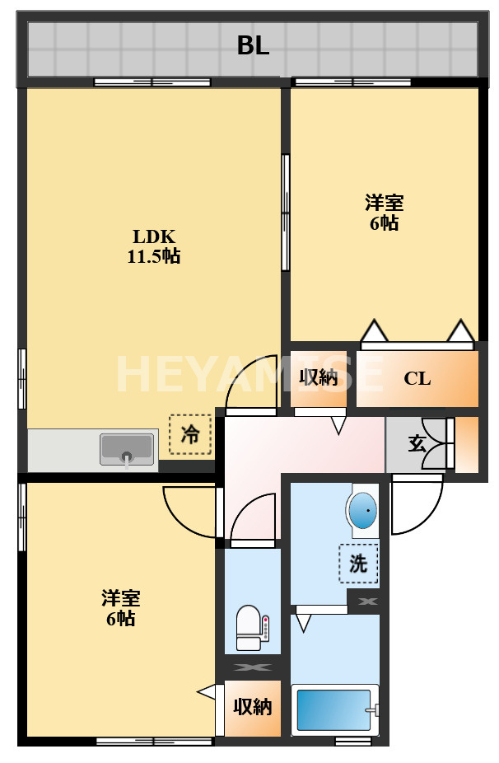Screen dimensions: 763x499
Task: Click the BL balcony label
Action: coord(253,46)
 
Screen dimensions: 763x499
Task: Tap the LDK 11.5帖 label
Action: coord(153,245)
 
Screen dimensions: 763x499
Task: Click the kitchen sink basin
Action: coord(127,449)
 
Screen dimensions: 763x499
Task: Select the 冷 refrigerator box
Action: coord(190,434)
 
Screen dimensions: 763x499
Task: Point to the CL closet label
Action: coord(417,379)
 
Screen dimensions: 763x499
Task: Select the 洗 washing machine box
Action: coord(358,564)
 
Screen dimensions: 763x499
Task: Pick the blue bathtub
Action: coord(333,709)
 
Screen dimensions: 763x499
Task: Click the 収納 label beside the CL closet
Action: coord(318,377)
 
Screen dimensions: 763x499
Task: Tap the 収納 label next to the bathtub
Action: coord(252,707)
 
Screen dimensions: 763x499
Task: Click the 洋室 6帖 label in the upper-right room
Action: coord(385,212)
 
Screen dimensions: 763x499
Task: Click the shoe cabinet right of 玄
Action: coord(467,445)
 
